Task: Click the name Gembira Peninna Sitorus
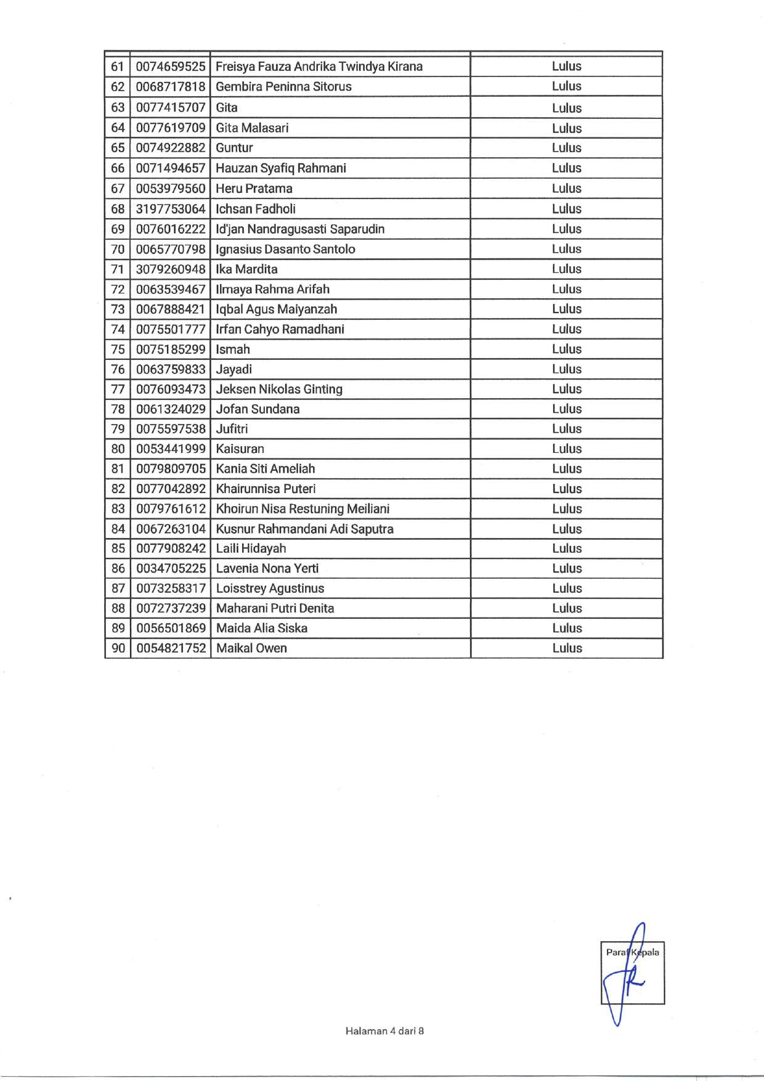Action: [x=283, y=87]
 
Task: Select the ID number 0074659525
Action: [x=171, y=67]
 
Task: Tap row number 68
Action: [x=118, y=209]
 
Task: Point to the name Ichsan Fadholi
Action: [x=256, y=209]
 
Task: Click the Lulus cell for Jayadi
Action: [x=566, y=369]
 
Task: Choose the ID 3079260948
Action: [x=171, y=269]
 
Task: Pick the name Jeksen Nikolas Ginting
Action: [x=279, y=390]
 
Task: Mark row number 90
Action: [x=118, y=648]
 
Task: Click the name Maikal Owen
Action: [x=251, y=648]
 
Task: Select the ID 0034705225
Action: [x=171, y=569]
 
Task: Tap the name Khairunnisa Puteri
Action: [x=266, y=489]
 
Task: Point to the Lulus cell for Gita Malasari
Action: [x=566, y=128]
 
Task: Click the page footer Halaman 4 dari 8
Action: [x=384, y=1031]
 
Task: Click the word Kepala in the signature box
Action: [x=645, y=952]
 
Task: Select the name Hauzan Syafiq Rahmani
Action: [x=281, y=168]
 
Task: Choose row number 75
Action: [x=118, y=349]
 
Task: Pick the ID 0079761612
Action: [x=171, y=509]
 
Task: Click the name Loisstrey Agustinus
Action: [x=270, y=589]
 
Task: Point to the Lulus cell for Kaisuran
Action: [x=566, y=449]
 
